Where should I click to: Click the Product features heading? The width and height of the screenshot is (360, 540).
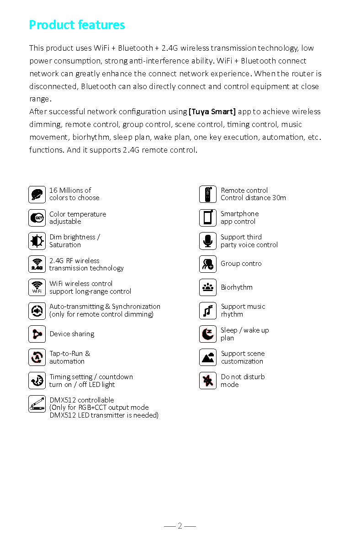(x=77, y=25)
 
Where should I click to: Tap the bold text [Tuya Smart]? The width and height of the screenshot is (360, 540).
(x=212, y=111)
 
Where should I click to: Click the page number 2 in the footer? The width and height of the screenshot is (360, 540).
(x=180, y=526)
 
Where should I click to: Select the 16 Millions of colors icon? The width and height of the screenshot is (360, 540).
(x=37, y=195)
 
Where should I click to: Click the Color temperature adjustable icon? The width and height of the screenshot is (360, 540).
(x=37, y=218)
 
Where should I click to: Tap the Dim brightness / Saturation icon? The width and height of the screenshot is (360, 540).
(x=37, y=241)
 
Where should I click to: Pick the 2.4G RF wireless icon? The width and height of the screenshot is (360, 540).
(x=37, y=265)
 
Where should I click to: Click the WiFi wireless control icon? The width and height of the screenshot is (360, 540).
(x=37, y=288)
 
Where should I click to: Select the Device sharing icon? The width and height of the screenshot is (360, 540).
(x=37, y=334)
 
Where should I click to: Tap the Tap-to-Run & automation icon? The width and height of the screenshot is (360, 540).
(x=37, y=357)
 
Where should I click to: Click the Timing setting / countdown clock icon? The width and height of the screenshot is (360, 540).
(x=37, y=381)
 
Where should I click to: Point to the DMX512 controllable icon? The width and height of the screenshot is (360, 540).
(x=37, y=404)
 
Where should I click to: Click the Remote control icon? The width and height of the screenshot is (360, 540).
(x=208, y=195)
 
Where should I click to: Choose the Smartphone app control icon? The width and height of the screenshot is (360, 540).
(x=208, y=218)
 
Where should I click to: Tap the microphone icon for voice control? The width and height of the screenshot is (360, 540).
(x=208, y=241)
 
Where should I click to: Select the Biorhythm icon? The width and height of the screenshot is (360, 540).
(x=208, y=288)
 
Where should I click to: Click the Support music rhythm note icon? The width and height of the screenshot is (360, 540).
(x=208, y=311)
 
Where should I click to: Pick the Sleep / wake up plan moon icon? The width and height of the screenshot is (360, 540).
(x=208, y=334)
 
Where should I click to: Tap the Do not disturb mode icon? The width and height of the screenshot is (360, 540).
(x=208, y=381)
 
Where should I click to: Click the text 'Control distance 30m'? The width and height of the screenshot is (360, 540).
(x=253, y=198)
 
